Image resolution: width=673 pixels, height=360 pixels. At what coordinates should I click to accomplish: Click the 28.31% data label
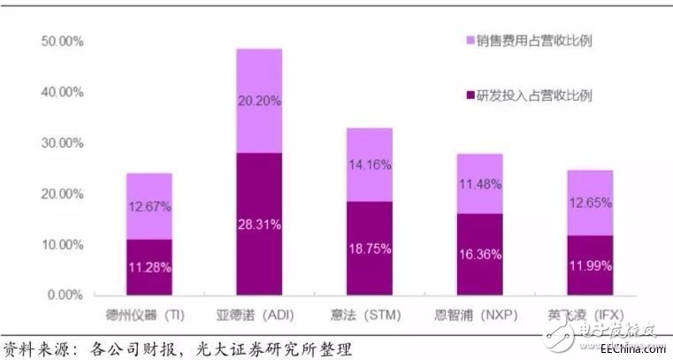[259, 225]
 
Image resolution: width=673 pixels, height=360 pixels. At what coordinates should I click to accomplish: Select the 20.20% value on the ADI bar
[259, 101]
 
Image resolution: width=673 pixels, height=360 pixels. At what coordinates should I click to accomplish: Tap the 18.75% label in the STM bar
[370, 250]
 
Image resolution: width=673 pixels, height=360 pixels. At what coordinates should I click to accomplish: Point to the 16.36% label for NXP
[480, 255]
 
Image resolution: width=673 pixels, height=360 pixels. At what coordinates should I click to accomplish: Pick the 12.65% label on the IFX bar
[591, 208]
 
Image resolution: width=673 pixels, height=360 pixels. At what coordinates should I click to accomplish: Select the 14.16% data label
[370, 164]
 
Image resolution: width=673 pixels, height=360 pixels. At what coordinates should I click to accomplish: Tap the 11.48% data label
[480, 184]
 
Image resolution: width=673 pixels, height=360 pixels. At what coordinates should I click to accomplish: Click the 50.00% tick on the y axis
[61, 42]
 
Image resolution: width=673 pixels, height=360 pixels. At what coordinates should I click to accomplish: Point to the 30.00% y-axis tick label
[61, 143]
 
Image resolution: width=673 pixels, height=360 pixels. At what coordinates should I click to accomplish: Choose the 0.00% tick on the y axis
[64, 295]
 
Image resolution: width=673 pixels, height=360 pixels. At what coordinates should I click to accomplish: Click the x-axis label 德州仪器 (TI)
[149, 315]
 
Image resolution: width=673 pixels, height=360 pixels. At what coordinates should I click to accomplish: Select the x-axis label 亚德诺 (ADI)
[259, 315]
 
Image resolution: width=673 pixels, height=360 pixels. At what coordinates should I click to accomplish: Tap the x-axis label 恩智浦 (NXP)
[480, 315]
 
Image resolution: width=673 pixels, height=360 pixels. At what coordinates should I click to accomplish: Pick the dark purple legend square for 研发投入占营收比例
[469, 95]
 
